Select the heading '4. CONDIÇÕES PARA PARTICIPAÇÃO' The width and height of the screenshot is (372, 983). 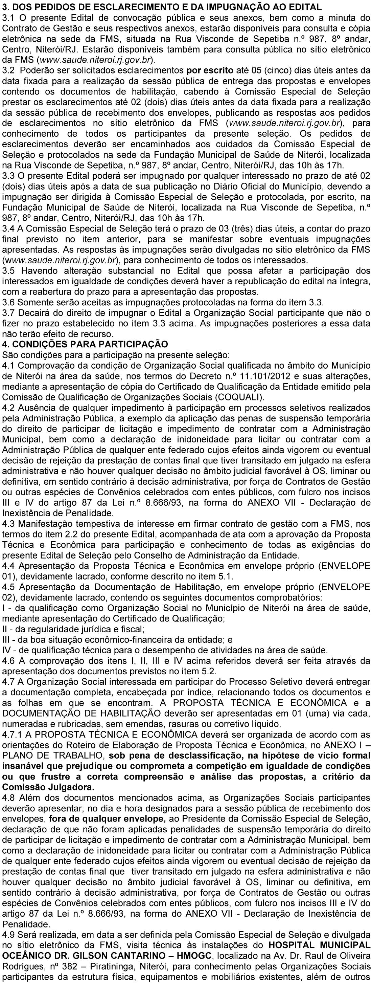(85, 344)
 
